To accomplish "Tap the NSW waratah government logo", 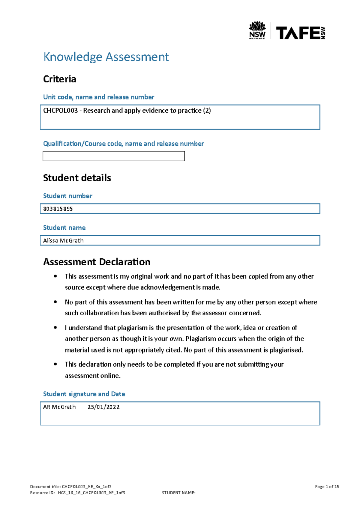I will click(x=257, y=30).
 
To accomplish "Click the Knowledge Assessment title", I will click(x=106, y=57).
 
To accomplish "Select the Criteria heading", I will click(x=59, y=79).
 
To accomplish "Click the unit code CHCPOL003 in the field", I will click(x=60, y=111).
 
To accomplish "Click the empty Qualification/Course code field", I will click(x=113, y=156).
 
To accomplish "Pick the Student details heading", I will click(x=77, y=178).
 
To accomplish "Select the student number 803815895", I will click(x=58, y=209).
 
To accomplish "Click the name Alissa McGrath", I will click(x=63, y=241).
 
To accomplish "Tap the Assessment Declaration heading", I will click(x=97, y=262).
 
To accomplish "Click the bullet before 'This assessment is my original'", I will click(x=55, y=276).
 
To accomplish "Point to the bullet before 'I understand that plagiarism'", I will click(x=55, y=328).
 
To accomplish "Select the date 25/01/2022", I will click(x=103, y=407).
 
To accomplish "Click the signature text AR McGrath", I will click(x=59, y=407).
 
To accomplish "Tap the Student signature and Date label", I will click(x=84, y=394).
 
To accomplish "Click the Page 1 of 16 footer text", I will click(x=327, y=487).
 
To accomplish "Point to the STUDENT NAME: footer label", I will click(x=178, y=493).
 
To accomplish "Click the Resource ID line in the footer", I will click(x=77, y=493).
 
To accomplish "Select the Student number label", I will click(x=67, y=196).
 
